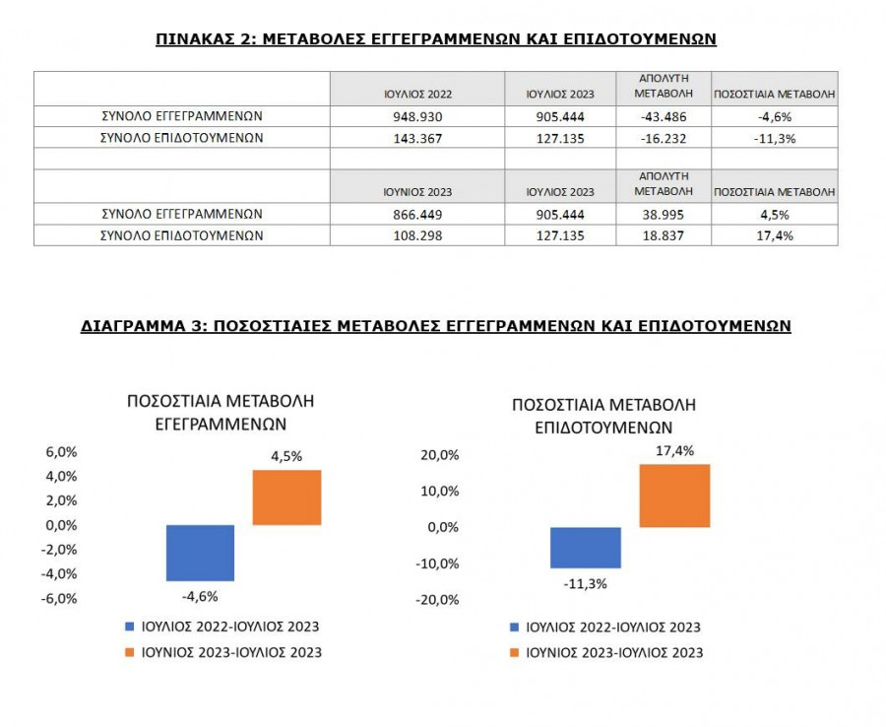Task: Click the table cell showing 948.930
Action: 417,116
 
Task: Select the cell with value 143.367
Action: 417,139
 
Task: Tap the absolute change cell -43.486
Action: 662,116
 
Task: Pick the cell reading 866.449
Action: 417,214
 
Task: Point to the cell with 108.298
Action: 417,236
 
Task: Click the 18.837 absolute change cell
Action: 662,236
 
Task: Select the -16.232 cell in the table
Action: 662,139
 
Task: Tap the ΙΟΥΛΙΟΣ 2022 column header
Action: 417,94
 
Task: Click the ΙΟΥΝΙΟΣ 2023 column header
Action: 417,191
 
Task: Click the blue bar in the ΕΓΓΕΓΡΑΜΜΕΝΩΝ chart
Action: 200,553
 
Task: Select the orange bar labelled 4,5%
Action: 286,497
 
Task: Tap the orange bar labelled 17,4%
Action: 674,496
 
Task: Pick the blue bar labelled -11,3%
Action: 585,548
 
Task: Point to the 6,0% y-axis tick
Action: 61,452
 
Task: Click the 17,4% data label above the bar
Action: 674,451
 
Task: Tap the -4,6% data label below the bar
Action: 200,596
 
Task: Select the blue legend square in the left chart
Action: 130,627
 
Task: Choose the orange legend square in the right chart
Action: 514,652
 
